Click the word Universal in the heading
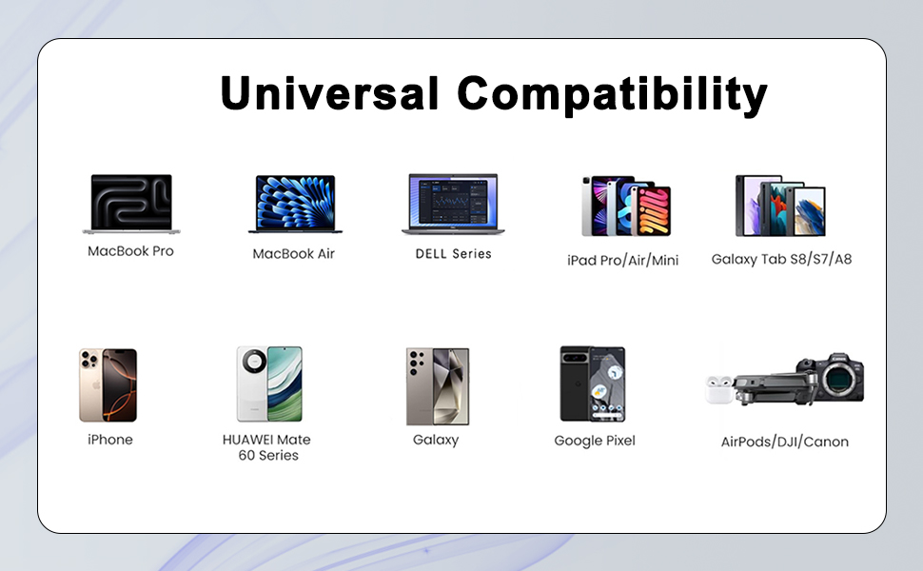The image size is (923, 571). pyautogui.click(x=330, y=94)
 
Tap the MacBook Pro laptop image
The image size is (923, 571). pyautogui.click(x=130, y=204)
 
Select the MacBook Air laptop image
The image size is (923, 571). pyautogui.click(x=294, y=204)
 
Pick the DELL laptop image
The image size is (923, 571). pyautogui.click(x=453, y=204)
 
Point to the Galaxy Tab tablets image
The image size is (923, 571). pyautogui.click(x=780, y=206)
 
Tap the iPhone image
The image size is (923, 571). pyautogui.click(x=108, y=384)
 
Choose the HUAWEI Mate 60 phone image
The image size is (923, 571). pyautogui.click(x=268, y=384)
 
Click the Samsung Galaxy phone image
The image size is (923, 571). pyautogui.click(x=437, y=384)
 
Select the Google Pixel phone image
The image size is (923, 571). pyautogui.click(x=592, y=384)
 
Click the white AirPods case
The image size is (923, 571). pyautogui.click(x=720, y=390)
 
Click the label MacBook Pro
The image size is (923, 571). pyautogui.click(x=130, y=252)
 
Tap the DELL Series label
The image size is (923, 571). pyautogui.click(x=453, y=254)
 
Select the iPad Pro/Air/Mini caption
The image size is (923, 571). pyautogui.click(x=622, y=261)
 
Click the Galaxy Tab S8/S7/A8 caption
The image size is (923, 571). pyautogui.click(x=781, y=259)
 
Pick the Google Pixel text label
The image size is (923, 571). pyautogui.click(x=594, y=441)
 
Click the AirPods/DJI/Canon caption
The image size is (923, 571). pyautogui.click(x=784, y=442)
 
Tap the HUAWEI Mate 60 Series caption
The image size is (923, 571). pyautogui.click(x=266, y=447)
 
